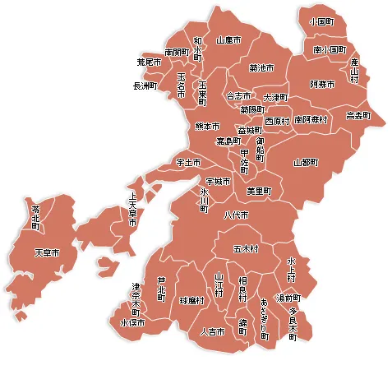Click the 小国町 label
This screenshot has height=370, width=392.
pyautogui.click(x=321, y=20)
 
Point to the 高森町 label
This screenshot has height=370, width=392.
pyautogui.click(x=358, y=116)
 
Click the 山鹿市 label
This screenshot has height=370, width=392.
pyautogui.click(x=228, y=39)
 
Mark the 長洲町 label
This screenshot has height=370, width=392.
pyautogui.click(x=145, y=86)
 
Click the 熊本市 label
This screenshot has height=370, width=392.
pyautogui.click(x=207, y=127)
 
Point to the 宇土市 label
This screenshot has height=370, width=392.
pyautogui.click(x=188, y=163)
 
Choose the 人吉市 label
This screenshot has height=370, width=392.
pyautogui.click(x=212, y=331)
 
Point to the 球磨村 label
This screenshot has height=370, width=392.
pyautogui.click(x=192, y=301)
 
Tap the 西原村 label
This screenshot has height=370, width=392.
pyautogui.click(x=277, y=120)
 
